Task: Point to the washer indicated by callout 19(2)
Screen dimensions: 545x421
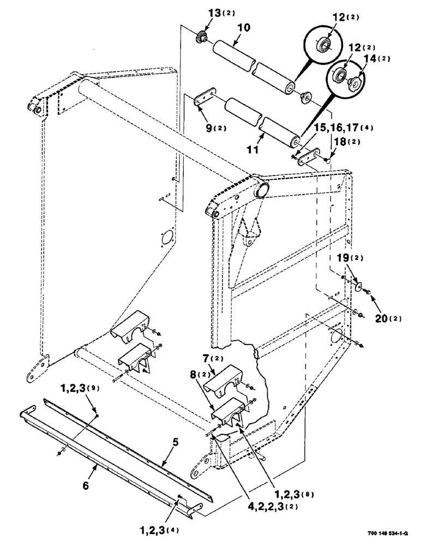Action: click(x=357, y=286)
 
